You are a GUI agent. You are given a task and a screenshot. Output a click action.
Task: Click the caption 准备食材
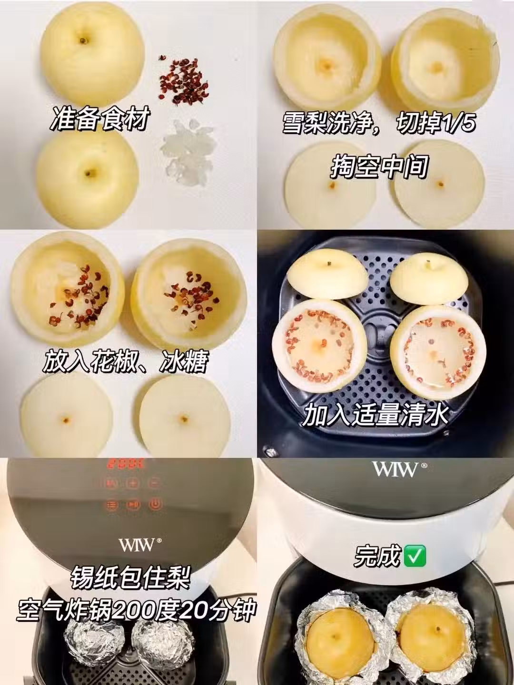click(x=100, y=119)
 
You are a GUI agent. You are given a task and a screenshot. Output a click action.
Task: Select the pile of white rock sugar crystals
click(x=186, y=151)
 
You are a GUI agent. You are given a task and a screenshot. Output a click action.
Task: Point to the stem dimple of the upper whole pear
click(x=83, y=40)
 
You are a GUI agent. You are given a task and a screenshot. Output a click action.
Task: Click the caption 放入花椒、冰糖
click(x=126, y=362)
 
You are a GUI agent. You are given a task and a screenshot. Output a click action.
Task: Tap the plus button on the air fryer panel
click(x=132, y=484)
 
